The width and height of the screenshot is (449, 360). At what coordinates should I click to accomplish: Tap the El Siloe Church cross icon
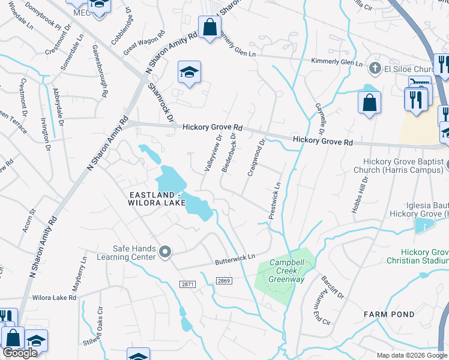[x=376, y=67]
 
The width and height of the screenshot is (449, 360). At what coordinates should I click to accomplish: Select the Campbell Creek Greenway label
[x=287, y=271]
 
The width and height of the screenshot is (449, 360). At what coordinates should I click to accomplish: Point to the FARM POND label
[x=389, y=314]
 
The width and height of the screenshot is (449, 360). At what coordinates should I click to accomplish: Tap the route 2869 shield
[x=224, y=280]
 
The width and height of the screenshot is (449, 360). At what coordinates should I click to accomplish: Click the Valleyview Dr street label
[x=213, y=154]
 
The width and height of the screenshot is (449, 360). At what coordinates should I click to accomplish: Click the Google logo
[x=20, y=353]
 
